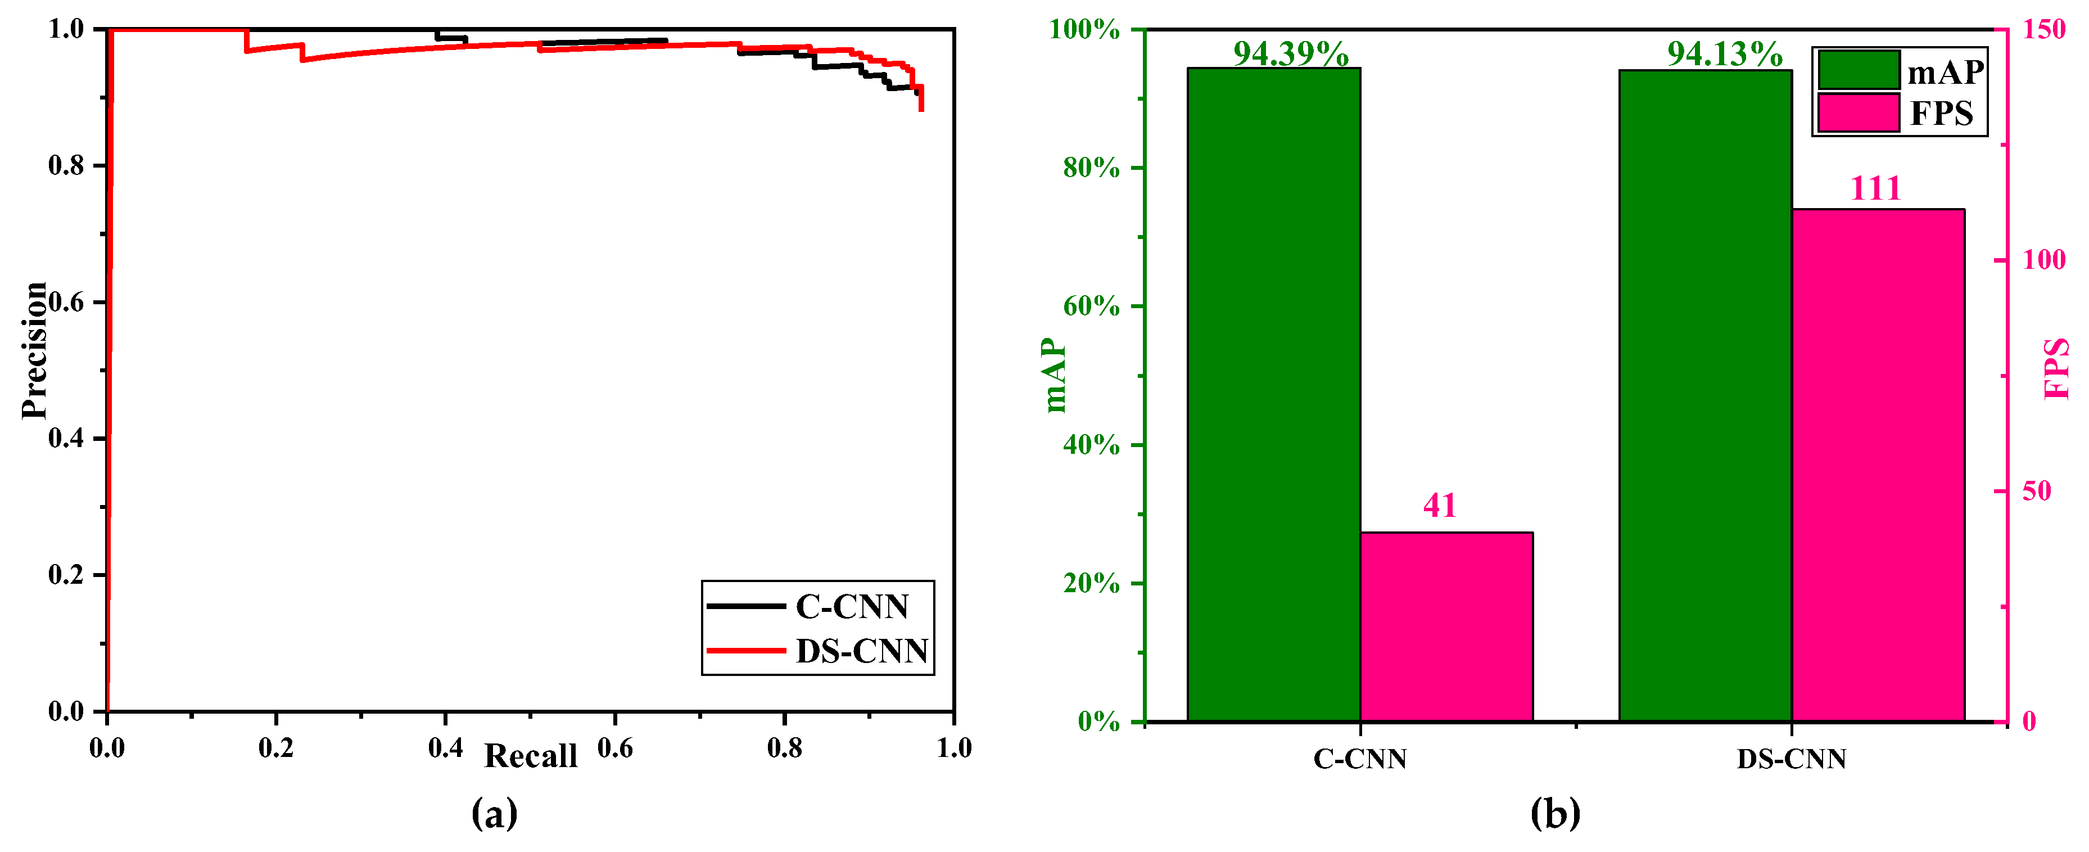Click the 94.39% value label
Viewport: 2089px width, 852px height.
coord(1290,53)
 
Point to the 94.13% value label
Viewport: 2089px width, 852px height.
coord(1724,53)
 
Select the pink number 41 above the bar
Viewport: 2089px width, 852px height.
coord(1440,506)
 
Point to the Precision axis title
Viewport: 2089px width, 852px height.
coord(34,350)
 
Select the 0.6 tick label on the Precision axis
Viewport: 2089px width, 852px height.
coord(66,302)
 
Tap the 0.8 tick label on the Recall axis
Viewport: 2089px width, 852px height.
coord(784,747)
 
